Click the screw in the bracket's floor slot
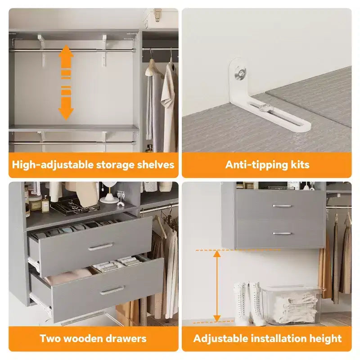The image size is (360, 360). pos(266,108)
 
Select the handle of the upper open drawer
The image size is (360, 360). pos(100,246)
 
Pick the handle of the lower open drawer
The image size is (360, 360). pos(112,290)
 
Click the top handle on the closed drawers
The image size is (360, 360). pos(282,206)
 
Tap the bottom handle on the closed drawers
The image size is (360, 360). pos(282,234)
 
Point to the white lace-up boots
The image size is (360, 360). pos(250,303)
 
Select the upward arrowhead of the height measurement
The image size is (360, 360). pos(217,254)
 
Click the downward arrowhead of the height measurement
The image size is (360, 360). pos(217,319)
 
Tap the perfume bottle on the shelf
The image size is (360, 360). pos(45,204)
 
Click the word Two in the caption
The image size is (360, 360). pos(49,338)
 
